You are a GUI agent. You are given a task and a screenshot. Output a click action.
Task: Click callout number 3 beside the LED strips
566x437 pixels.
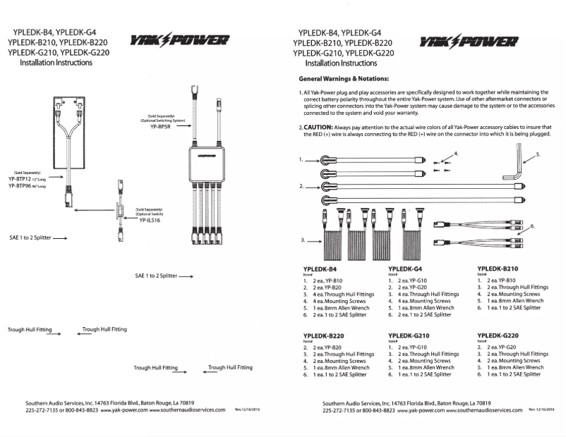tap(303, 240)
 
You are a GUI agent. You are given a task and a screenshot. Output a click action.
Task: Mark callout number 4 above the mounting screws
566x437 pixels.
tap(455, 153)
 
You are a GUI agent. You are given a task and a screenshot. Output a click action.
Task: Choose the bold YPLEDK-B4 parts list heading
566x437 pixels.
tap(319, 269)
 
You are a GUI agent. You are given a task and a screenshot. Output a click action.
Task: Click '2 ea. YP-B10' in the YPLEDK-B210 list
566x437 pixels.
tap(503, 281)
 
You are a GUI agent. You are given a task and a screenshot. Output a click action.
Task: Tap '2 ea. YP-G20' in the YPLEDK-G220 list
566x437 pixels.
tap(504, 347)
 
